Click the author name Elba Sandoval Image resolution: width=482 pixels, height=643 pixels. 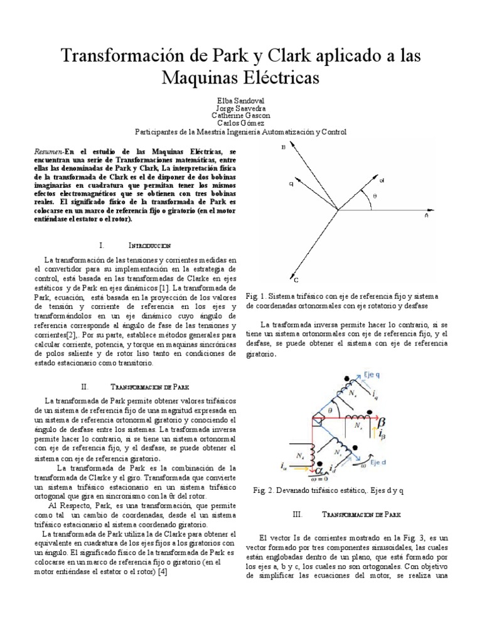240,100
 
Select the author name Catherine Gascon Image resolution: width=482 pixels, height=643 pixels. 240,116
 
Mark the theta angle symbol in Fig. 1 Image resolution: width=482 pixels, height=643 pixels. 375,195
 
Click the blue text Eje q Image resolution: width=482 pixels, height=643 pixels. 374,373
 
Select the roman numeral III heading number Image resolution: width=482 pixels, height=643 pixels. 298,514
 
